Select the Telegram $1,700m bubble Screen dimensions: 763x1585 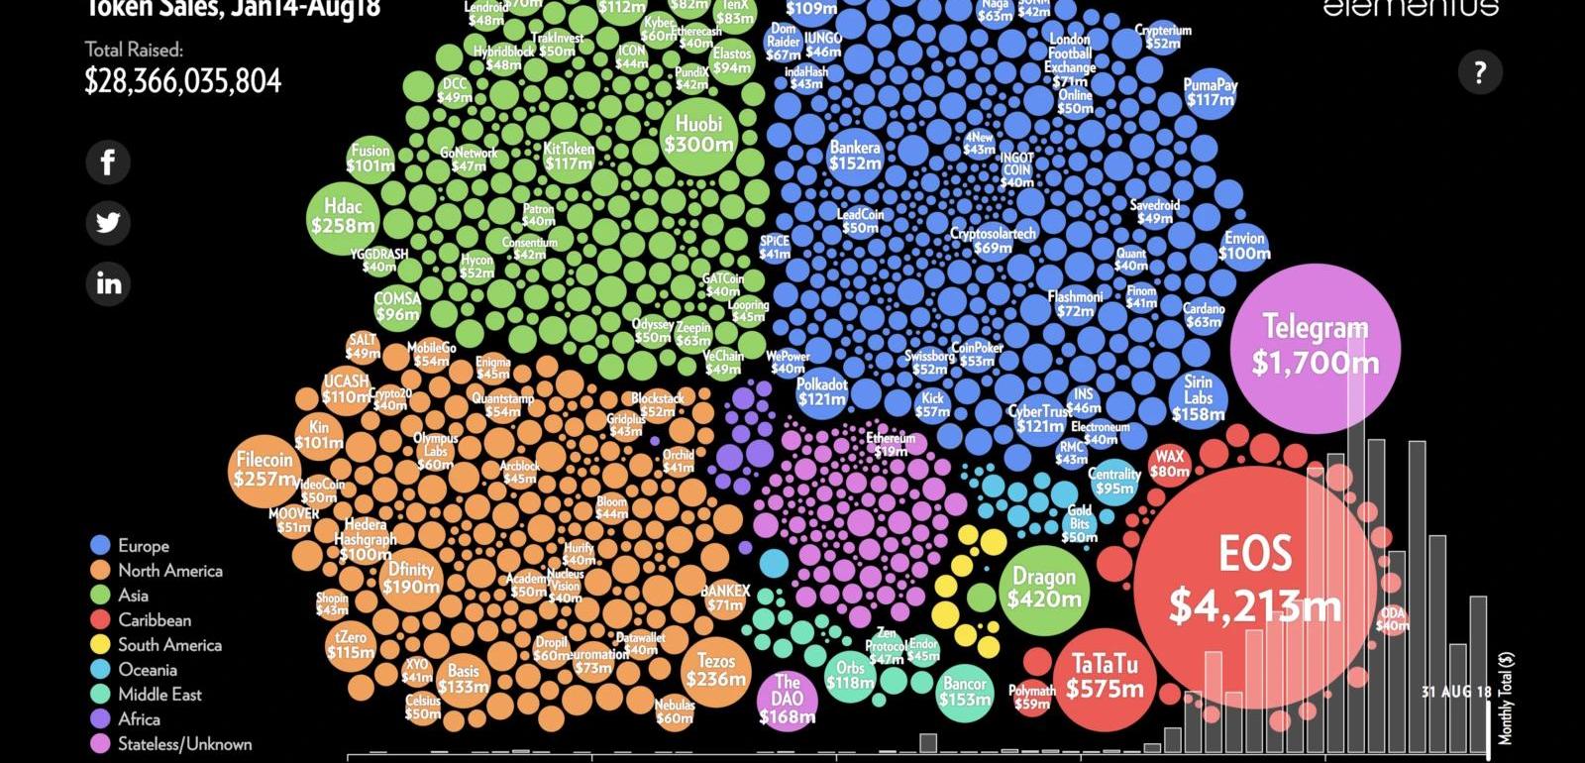tap(1315, 346)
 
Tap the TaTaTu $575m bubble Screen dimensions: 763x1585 tap(1105, 678)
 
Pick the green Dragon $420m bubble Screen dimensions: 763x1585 tap(1044, 590)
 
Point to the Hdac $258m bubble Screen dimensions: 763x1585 tap(343, 216)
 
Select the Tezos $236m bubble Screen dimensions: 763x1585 tap(715, 671)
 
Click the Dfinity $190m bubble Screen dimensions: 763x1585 tap(411, 578)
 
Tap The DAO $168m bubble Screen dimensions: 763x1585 tap(788, 699)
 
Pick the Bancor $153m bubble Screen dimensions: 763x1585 tap(964, 692)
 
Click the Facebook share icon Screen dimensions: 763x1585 tap(108, 162)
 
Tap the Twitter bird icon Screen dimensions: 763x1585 tap(108, 223)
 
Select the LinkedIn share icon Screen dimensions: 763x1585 tap(108, 284)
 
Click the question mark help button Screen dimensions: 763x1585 tap(1480, 72)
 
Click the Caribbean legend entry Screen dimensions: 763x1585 tap(154, 620)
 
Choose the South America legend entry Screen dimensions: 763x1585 tap(168, 645)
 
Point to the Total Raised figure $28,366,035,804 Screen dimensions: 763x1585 tap(183, 81)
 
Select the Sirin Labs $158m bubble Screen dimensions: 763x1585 tap(1198, 397)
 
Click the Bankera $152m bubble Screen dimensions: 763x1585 tap(855, 156)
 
